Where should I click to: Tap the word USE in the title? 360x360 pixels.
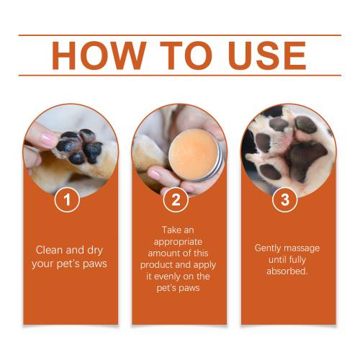click(x=267, y=55)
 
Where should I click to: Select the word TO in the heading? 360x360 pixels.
click(x=186, y=55)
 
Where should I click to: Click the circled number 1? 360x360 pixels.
click(x=67, y=199)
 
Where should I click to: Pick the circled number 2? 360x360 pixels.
click(x=176, y=199)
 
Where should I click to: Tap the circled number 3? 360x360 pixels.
click(x=285, y=199)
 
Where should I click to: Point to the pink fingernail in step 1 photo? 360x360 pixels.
click(x=48, y=140)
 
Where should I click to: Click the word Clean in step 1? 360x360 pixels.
click(x=50, y=250)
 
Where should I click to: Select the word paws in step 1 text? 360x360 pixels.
click(x=95, y=264)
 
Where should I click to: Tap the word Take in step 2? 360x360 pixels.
click(x=171, y=230)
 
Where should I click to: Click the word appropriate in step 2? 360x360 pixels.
click(x=178, y=242)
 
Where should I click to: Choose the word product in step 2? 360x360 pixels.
click(x=156, y=265)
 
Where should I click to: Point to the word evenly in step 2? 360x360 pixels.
click(x=167, y=276)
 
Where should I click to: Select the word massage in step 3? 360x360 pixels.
click(x=303, y=248)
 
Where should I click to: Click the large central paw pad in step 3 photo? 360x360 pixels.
click(x=307, y=160)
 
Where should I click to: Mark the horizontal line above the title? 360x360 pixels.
click(x=180, y=35)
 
